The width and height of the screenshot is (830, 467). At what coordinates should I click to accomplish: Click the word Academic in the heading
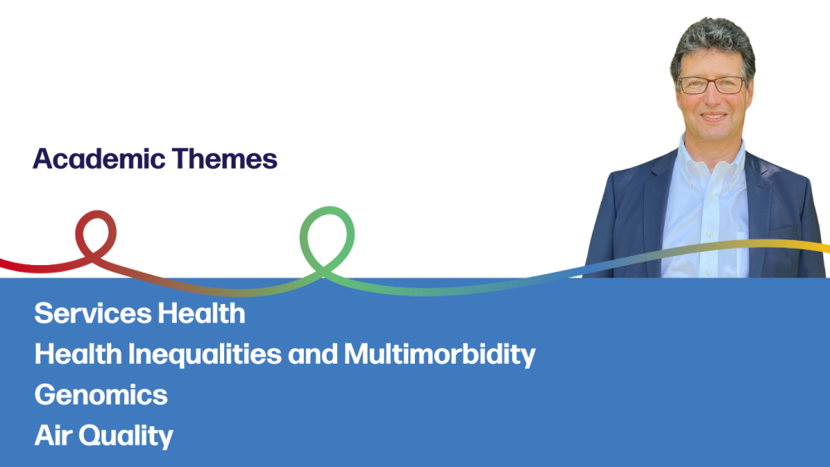[x=99, y=159]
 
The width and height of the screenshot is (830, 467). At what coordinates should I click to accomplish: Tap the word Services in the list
[x=93, y=313]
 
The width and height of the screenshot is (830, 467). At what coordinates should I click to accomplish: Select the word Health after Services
[x=202, y=313]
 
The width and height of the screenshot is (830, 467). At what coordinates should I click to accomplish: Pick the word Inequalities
[x=205, y=355]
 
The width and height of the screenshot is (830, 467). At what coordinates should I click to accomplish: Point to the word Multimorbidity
[x=440, y=355]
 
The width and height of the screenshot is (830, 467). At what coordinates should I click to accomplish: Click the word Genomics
[x=101, y=395]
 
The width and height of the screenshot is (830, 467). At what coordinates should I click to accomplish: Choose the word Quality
[x=126, y=436]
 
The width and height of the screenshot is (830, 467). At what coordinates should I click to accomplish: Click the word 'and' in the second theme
[x=313, y=355]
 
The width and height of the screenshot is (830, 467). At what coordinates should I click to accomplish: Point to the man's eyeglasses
[x=712, y=85]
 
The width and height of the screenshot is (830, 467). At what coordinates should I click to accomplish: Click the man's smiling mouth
[x=714, y=116]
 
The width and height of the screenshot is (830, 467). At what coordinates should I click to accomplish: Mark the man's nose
[x=714, y=100]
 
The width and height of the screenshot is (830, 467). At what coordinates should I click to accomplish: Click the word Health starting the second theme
[x=78, y=354]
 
